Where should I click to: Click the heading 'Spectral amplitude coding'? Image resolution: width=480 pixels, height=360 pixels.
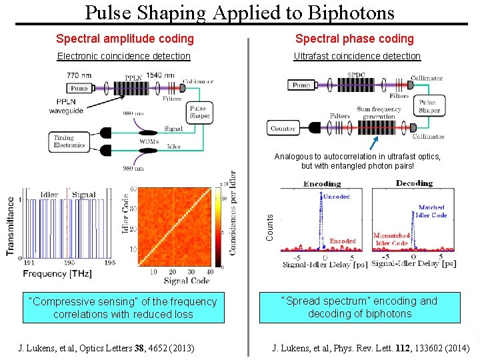[125, 39]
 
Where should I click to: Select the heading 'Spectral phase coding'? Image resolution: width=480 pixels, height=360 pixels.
[354, 39]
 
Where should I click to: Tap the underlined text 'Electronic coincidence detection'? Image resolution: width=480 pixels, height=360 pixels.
[123, 57]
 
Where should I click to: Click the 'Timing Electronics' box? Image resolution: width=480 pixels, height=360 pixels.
[69, 141]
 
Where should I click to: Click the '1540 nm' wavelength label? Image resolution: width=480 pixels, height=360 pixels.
[161, 75]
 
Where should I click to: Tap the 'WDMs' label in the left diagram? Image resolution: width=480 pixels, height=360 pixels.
[149, 141]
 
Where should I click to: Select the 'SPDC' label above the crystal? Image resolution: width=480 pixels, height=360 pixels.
[356, 75]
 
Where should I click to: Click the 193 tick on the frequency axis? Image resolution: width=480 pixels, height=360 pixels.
[69, 263]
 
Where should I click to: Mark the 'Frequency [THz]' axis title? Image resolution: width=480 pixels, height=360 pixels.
[58, 274]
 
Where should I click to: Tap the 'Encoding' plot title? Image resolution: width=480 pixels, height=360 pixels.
[322, 184]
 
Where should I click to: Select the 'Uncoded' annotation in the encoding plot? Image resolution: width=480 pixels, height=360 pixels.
[337, 197]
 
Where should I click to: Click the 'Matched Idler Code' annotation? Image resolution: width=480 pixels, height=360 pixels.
[431, 211]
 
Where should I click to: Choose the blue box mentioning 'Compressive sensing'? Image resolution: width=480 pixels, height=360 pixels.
[123, 308]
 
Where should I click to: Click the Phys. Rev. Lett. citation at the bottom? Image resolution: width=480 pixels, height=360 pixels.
[371, 348]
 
